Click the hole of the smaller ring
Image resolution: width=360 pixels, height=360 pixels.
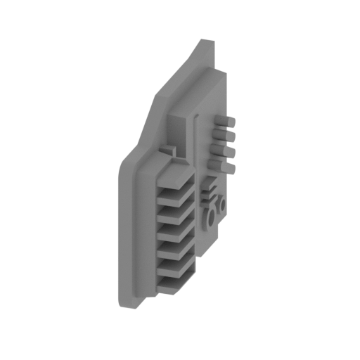pyautogui.click(x=219, y=205)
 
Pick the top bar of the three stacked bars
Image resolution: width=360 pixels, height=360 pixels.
pyautogui.click(x=208, y=184)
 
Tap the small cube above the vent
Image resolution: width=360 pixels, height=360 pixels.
pyautogui.click(x=169, y=151)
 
